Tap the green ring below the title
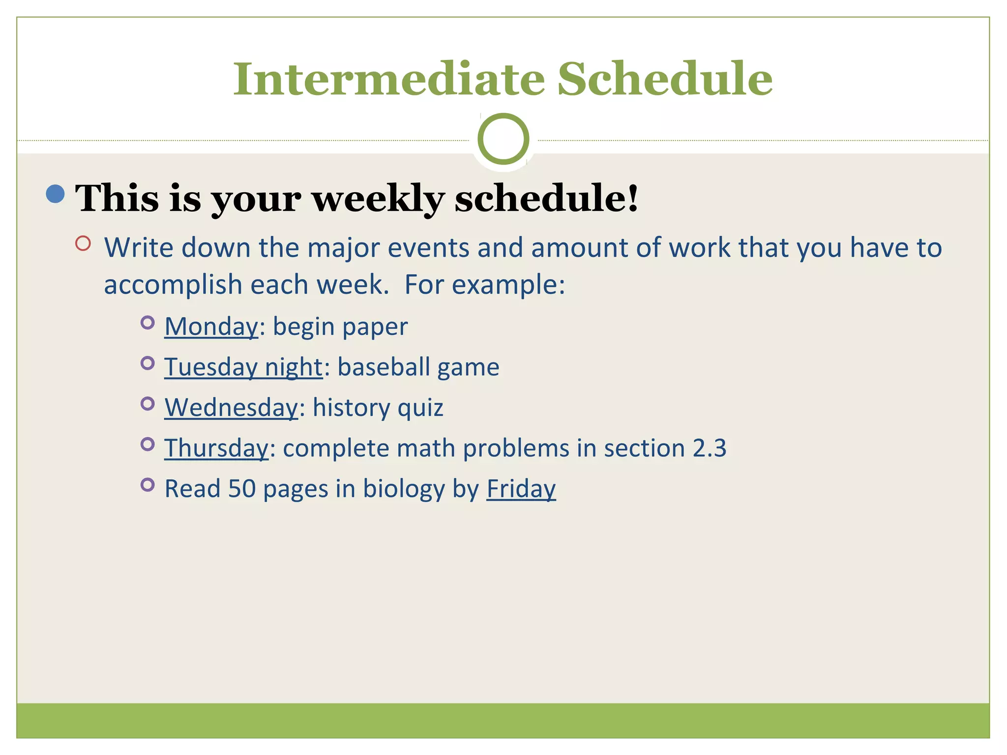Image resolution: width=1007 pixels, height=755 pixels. tap(503, 139)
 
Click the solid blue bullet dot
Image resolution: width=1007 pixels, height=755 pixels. tap(55, 194)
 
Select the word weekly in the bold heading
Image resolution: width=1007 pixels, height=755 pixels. tap(378, 199)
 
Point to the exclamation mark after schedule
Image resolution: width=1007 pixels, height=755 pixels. tap(632, 197)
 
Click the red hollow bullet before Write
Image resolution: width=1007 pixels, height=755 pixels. tap(83, 243)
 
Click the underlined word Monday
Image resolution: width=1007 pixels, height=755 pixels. tap(211, 326)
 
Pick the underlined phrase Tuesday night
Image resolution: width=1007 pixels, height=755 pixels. tap(243, 367)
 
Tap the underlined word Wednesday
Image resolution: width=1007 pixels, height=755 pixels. tap(231, 407)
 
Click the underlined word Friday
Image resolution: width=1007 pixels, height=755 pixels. tap(521, 489)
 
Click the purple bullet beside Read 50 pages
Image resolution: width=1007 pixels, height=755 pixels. tap(147, 485)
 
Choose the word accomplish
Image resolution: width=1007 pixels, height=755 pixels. tap(173, 285)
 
